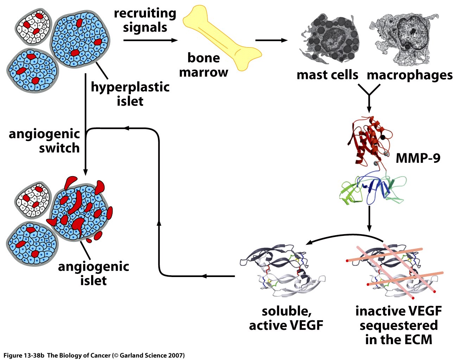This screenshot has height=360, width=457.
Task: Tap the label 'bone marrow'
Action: click(203, 65)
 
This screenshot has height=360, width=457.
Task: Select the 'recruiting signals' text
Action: click(145, 20)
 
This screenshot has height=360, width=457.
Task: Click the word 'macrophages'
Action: click(410, 75)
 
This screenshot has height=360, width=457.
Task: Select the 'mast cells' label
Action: click(327, 75)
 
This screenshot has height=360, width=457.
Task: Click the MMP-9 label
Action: click(418, 158)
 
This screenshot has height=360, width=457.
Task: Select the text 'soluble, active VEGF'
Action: click(286, 318)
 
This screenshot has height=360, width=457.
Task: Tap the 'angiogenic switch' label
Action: click(44, 141)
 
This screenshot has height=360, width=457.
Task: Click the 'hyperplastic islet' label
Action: click(130, 94)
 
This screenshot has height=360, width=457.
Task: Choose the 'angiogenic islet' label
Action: click(94, 273)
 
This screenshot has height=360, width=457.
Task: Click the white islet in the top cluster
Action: click(33, 27)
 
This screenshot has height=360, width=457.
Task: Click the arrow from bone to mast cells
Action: click(271, 40)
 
